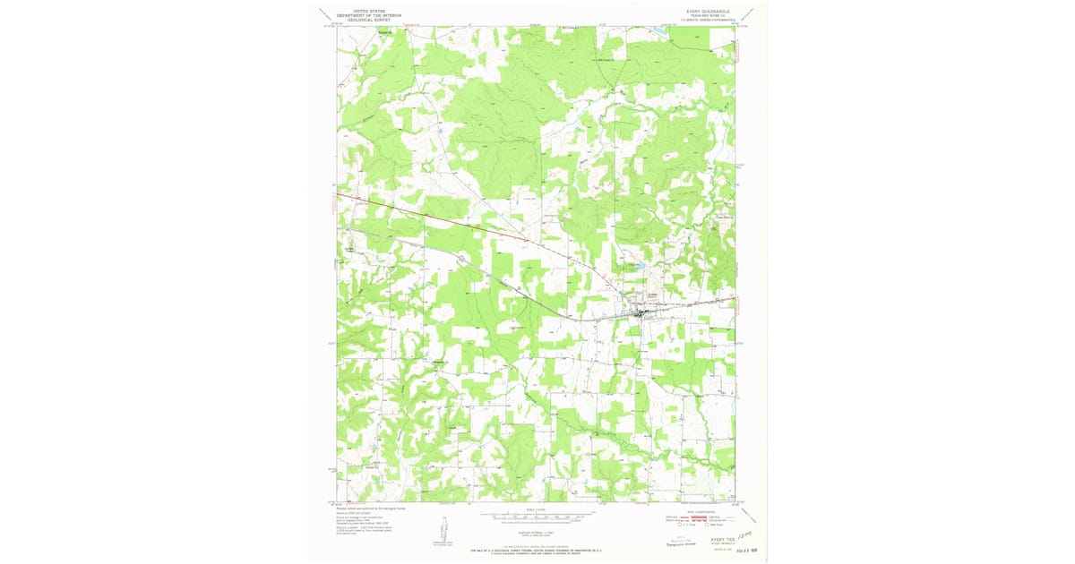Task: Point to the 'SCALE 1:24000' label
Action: pyautogui.click(x=537, y=510)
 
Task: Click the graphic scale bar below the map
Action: pyautogui.click(x=537, y=517)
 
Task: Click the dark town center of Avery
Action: pyautogui.click(x=640, y=312)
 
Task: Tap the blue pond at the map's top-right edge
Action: pyautogui.click(x=659, y=31)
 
